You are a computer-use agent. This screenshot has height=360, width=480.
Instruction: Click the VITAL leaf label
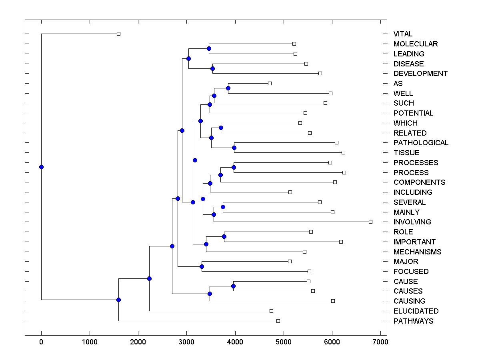[403, 34]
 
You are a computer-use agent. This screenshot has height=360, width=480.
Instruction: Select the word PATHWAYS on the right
[413, 321]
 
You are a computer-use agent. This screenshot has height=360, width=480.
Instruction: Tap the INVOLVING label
[412, 222]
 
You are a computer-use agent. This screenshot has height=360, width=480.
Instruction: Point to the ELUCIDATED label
[416, 311]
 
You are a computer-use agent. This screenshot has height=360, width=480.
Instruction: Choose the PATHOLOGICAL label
[421, 143]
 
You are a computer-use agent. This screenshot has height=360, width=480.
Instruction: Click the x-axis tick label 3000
[186, 342]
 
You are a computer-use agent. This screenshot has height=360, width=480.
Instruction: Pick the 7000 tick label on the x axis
[380, 342]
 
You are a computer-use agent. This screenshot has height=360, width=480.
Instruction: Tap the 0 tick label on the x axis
[41, 342]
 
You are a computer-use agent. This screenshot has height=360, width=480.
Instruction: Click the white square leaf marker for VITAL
[118, 34]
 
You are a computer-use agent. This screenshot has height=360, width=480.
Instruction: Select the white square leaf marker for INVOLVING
[370, 222]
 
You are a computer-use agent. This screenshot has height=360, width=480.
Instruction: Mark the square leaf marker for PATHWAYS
[278, 321]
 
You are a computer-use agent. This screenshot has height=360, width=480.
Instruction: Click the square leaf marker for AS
[270, 83]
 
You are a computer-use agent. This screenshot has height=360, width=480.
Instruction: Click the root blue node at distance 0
[41, 167]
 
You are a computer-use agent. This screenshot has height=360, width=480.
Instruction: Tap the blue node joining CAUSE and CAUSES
[233, 286]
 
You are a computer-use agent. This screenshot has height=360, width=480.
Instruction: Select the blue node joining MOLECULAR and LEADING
[209, 48]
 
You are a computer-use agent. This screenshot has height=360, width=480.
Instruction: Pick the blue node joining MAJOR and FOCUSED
[202, 266]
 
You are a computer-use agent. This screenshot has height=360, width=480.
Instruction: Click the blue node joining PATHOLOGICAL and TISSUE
[234, 148]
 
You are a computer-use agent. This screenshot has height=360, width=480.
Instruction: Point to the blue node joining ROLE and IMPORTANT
[224, 236]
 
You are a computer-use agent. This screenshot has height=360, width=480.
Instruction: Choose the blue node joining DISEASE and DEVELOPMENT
[212, 68]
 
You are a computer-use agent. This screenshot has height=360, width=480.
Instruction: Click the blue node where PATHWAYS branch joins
[118, 300]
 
